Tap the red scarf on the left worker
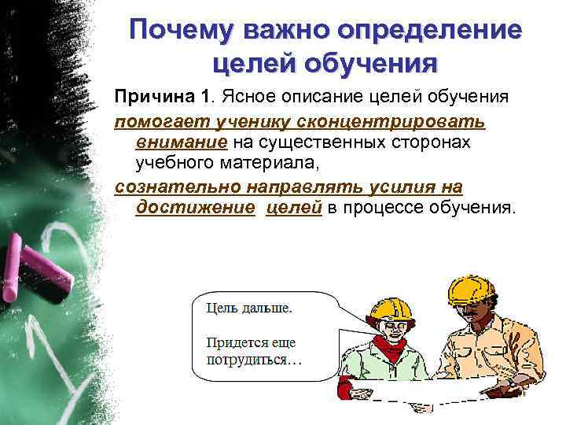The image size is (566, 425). (x=390, y=347)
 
